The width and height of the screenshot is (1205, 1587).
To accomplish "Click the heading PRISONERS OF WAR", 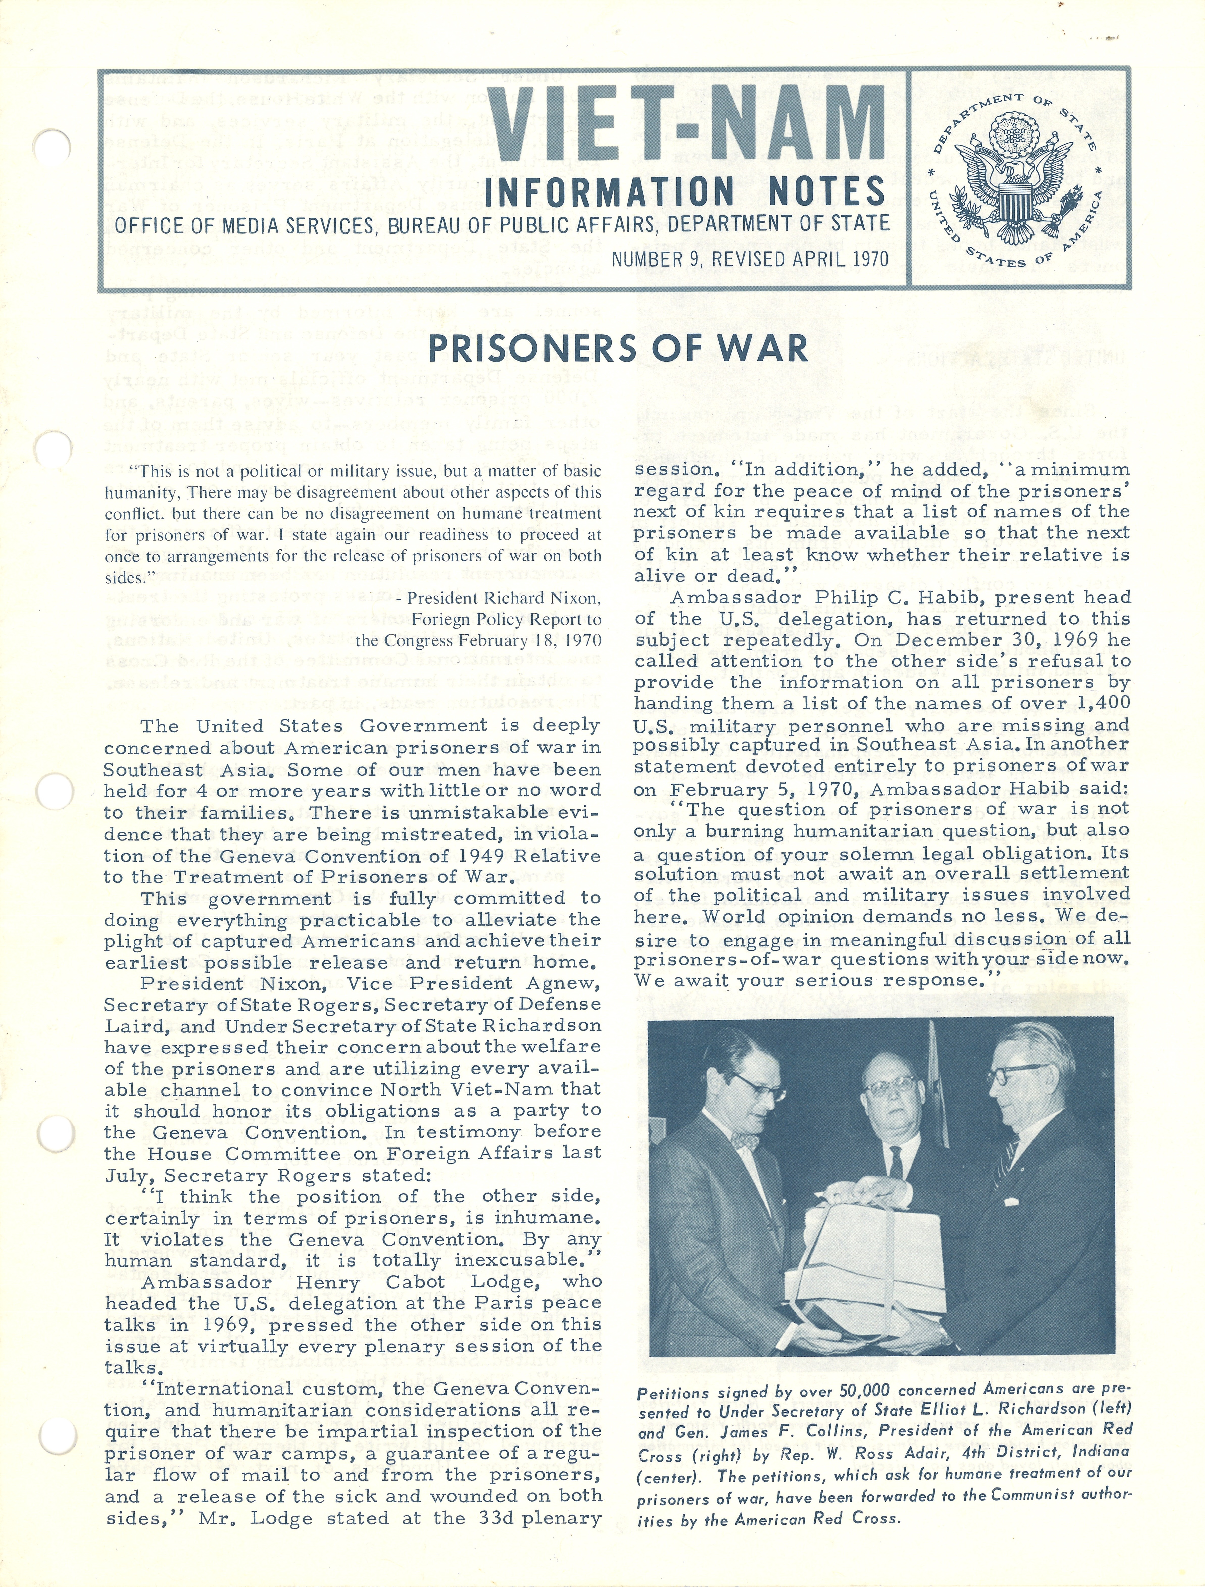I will (617, 349).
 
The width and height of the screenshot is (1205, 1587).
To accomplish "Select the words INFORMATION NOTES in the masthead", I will (685, 192).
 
